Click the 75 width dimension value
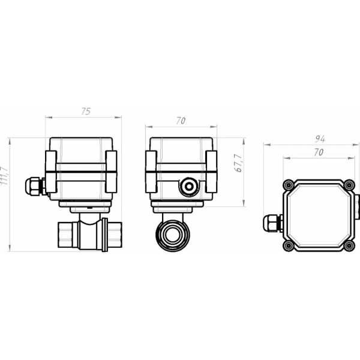pyautogui.click(x=86, y=111)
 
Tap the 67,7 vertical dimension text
pyautogui.click(x=238, y=164)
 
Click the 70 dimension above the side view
pyautogui.click(x=180, y=121)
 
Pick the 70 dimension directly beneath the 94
pyautogui.click(x=318, y=152)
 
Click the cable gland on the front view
pyautogui.click(x=34, y=185)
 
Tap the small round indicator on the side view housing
pyautogui.click(x=189, y=187)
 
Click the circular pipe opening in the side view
pyautogui.click(x=173, y=235)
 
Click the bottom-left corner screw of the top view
pyautogui.click(x=289, y=245)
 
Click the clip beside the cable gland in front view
pyautogui.click(x=51, y=172)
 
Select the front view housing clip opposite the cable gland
pyautogui.click(x=111, y=172)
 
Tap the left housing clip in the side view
pyautogui.click(x=151, y=172)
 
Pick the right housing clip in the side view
pyautogui.click(x=211, y=172)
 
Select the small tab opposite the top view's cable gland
pyautogui.click(x=356, y=207)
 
